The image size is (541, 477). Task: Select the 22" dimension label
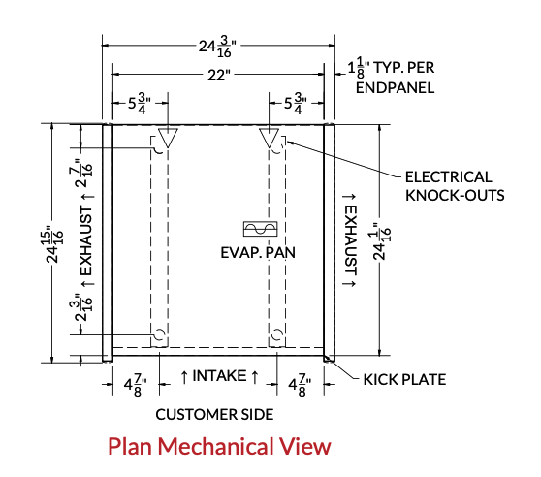click(219, 75)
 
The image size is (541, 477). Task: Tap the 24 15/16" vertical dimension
click(54, 244)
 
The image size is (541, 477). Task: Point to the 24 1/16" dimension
click(382, 242)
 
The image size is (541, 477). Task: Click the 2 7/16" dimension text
click(83, 174)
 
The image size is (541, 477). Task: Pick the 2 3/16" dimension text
click(83, 307)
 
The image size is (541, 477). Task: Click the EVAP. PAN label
click(258, 252)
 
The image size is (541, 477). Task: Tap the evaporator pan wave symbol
click(261, 229)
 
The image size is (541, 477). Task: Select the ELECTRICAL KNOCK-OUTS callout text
click(455, 186)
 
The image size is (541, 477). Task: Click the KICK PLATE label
click(404, 380)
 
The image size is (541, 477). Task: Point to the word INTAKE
click(219, 375)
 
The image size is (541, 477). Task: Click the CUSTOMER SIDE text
click(214, 414)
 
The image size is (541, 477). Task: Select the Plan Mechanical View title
click(219, 446)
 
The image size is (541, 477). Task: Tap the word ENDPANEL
click(395, 88)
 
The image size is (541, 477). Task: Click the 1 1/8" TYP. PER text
click(391, 67)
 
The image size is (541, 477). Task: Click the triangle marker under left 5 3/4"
click(168, 138)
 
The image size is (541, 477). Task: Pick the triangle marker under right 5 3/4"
click(270, 138)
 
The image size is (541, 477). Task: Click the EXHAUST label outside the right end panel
click(351, 240)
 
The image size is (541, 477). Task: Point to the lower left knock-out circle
click(159, 334)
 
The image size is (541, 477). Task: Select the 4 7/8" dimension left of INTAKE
click(135, 385)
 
